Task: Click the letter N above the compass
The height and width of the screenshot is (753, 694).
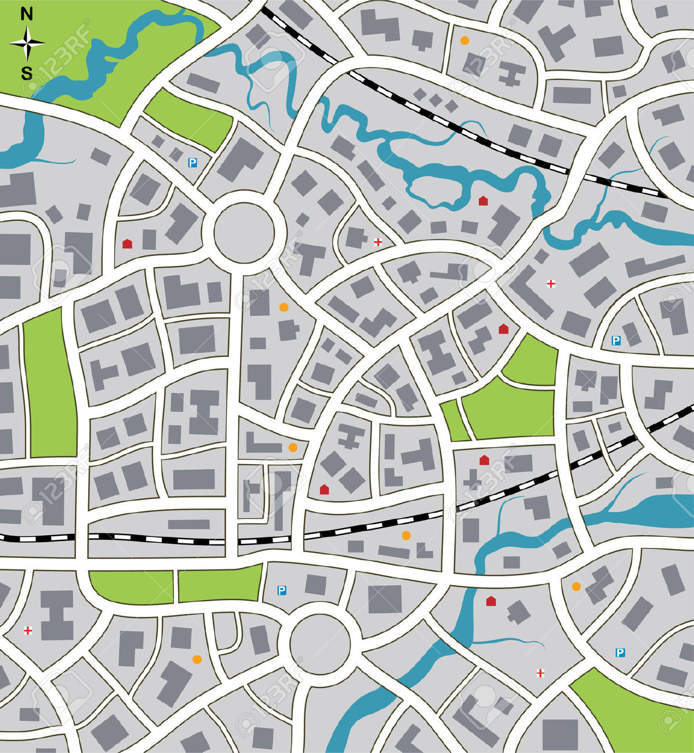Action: [x=27, y=14]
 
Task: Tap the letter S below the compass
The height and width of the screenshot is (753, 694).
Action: [x=27, y=73]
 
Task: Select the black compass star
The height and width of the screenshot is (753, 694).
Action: [x=27, y=43]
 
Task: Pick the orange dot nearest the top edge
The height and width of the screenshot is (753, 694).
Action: [x=464, y=41]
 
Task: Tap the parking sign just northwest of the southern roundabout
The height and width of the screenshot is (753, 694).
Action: [x=282, y=590]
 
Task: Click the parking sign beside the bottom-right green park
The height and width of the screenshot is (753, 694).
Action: [x=620, y=653]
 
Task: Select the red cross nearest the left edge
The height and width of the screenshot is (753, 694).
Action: [x=28, y=630]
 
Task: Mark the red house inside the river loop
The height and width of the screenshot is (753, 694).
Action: [x=483, y=200]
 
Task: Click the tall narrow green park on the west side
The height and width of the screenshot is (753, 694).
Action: [x=49, y=382]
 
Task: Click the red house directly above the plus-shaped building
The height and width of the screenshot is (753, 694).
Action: [x=484, y=460]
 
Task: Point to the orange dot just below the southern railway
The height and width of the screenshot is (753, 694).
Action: [x=406, y=535]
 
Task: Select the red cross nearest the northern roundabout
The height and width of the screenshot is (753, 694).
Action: [x=378, y=242]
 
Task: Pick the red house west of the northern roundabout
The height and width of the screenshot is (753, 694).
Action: [x=127, y=244]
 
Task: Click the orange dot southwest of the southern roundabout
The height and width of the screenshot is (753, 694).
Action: [x=197, y=659]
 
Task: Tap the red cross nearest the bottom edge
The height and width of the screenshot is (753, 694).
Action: [x=540, y=672]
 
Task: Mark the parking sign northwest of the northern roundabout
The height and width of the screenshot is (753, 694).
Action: [x=192, y=163]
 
